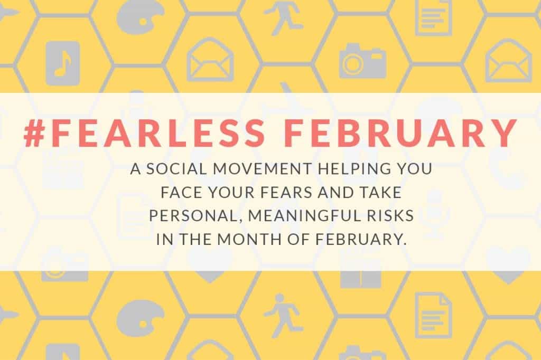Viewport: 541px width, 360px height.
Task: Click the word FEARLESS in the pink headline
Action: (158, 133)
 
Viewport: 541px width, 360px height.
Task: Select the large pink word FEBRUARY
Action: (401, 133)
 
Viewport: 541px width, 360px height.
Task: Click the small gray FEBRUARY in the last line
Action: (361, 239)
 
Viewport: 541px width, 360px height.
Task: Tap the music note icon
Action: (63, 63)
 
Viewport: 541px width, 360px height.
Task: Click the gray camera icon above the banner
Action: (362, 60)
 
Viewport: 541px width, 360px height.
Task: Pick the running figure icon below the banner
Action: (283, 316)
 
